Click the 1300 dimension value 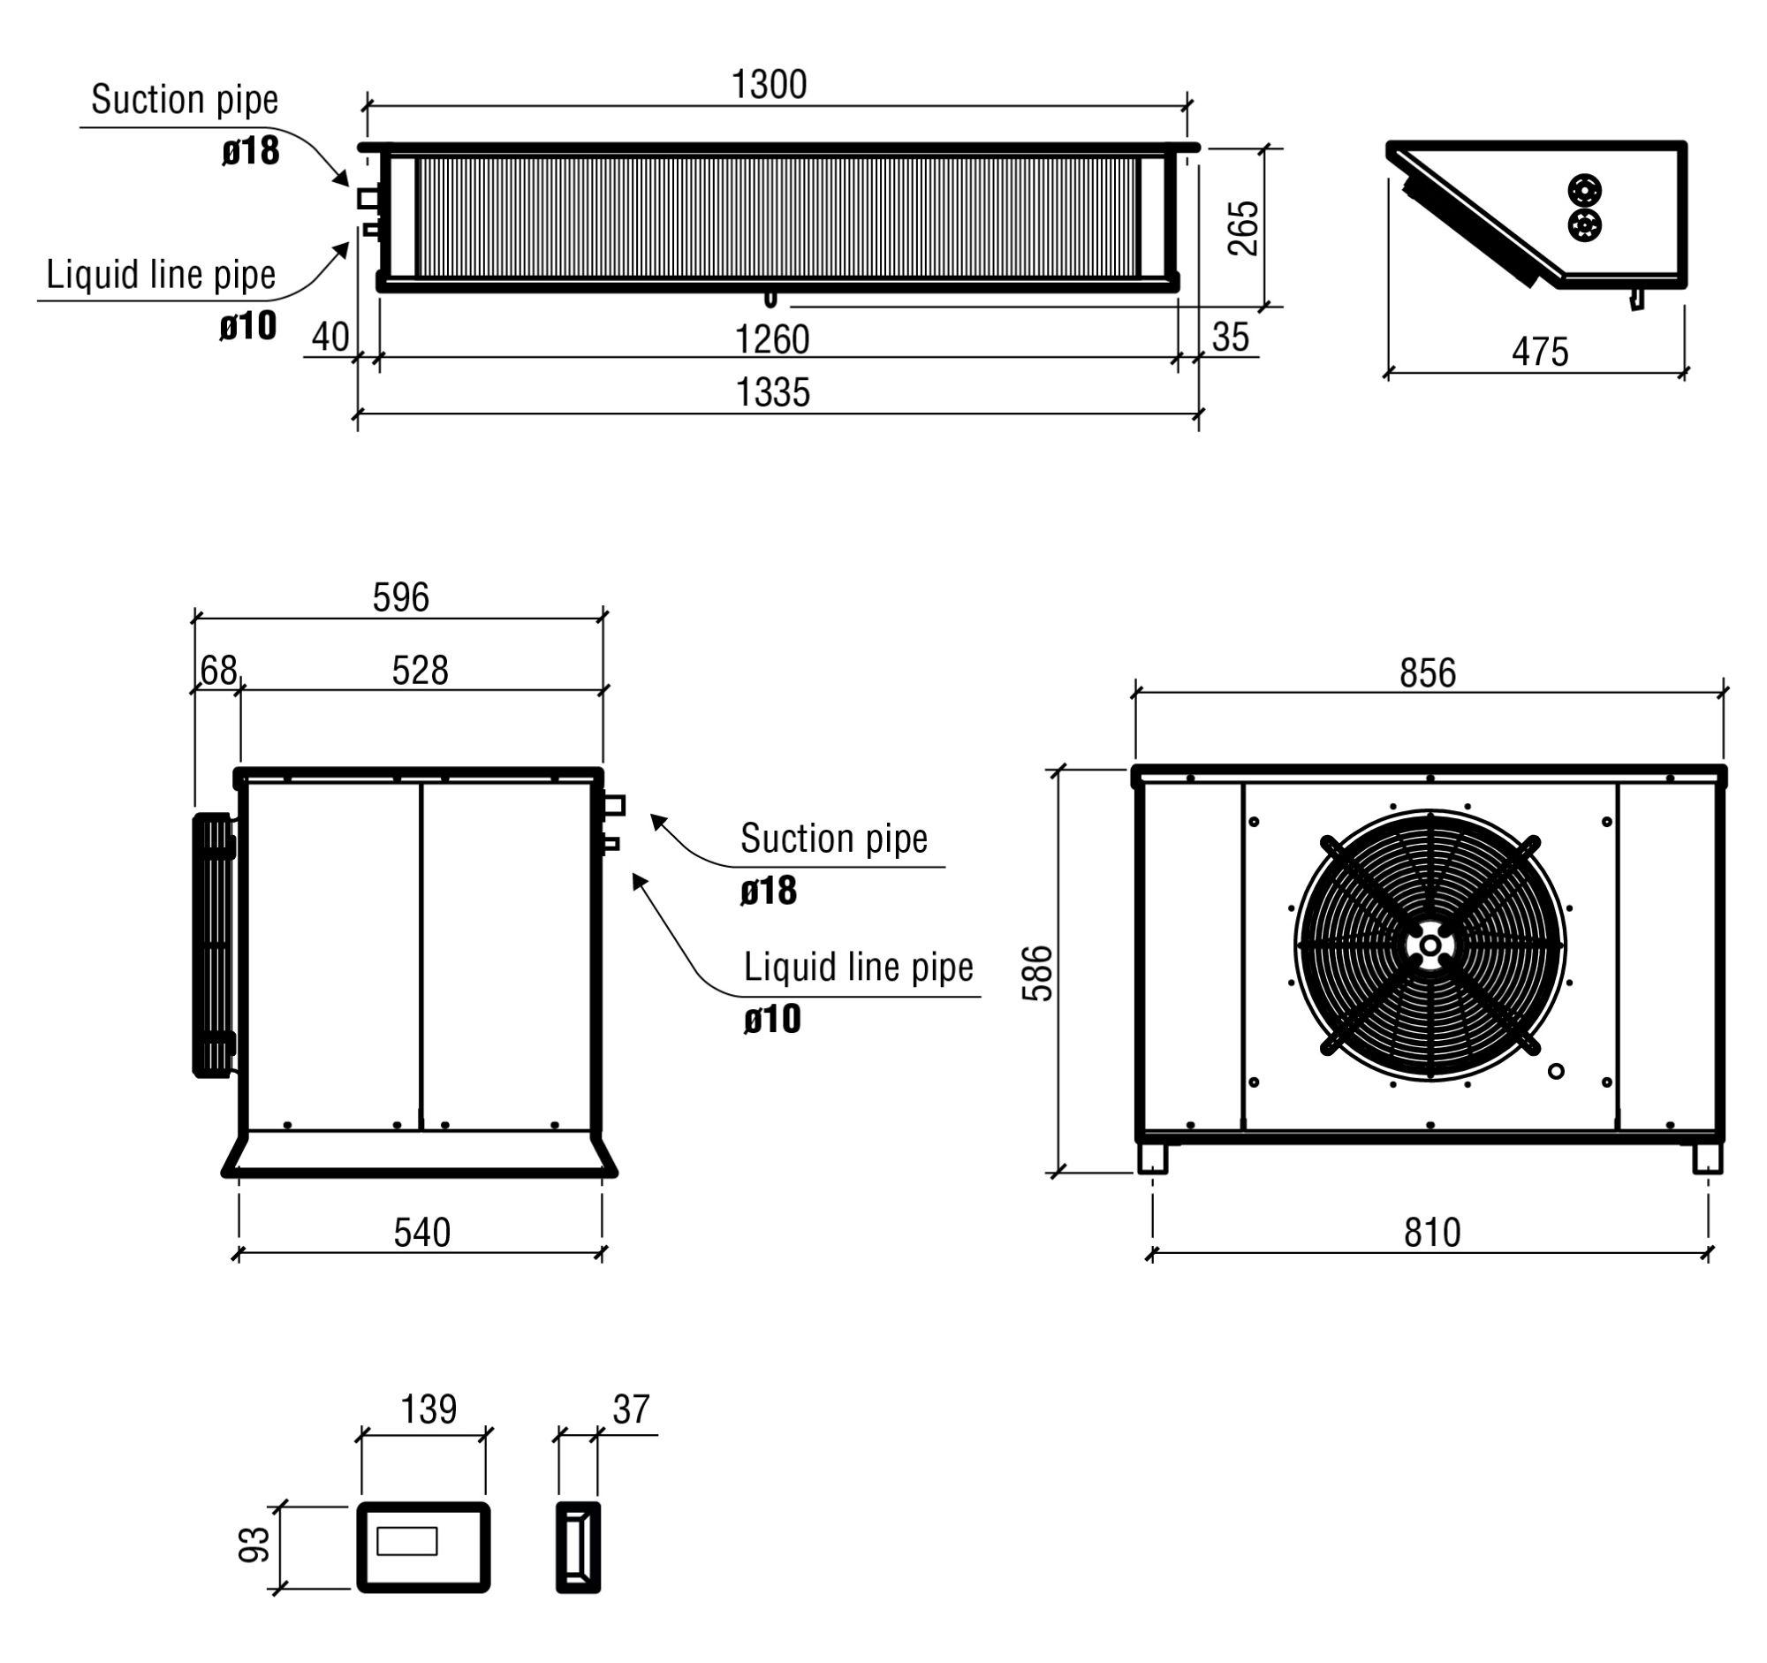769,86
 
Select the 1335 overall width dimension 773,393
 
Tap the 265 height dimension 1243,229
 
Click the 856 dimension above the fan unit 1428,673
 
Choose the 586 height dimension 1037,973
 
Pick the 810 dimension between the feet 1432,1233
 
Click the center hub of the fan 1430,945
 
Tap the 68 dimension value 218,670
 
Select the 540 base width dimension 422,1233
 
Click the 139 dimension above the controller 428,1409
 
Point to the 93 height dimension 254,1545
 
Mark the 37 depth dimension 631,1409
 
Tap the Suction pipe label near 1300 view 184,100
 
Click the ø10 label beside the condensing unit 771,1020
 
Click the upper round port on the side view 1585,190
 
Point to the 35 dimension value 1230,338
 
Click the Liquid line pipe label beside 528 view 858,967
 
